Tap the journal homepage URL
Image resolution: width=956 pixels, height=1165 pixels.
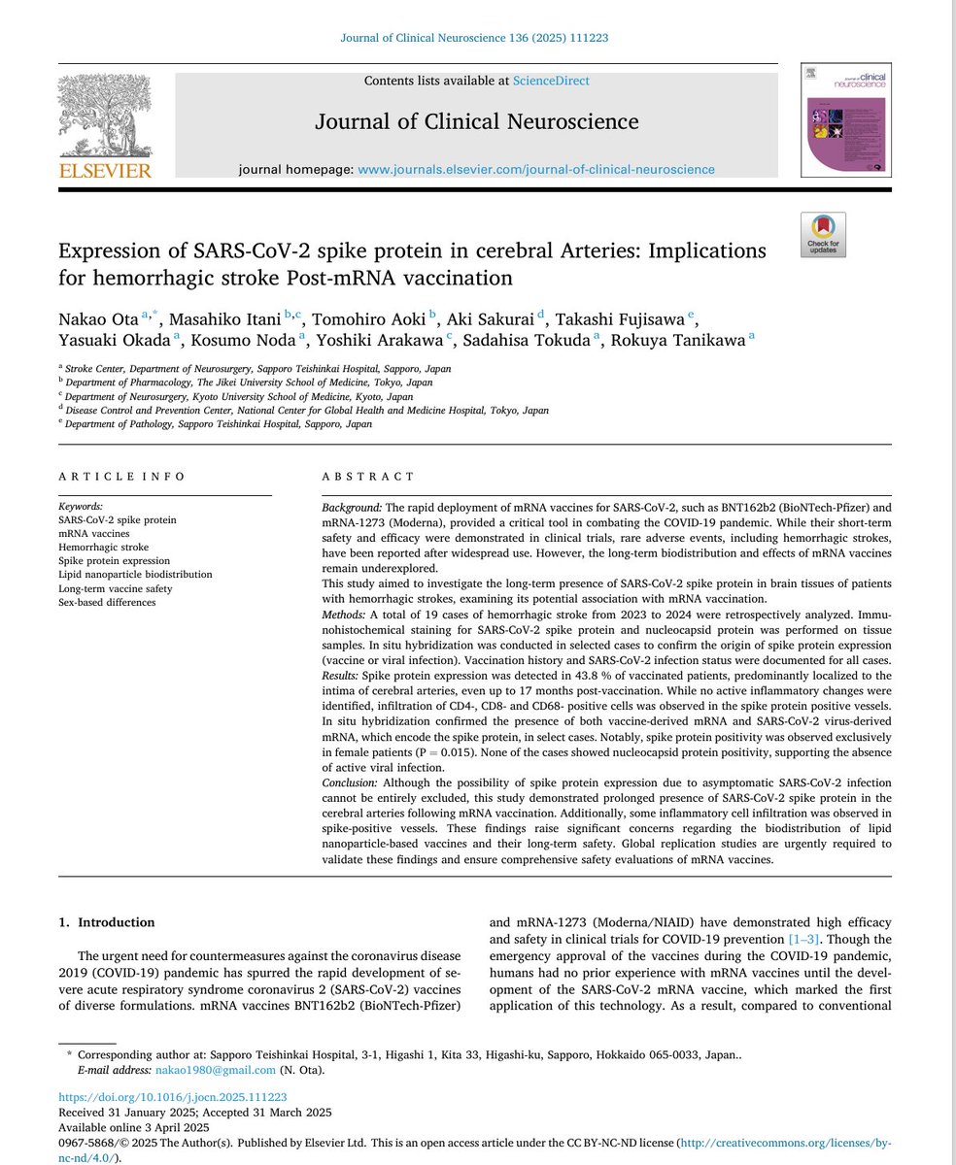[536, 169]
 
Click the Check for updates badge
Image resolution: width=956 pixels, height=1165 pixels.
[823, 235]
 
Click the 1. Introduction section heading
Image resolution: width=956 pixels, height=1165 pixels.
[106, 922]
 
